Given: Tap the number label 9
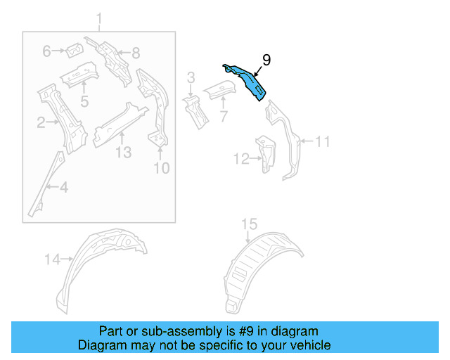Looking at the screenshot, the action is click(x=266, y=60).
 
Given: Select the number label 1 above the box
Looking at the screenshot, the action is click(x=99, y=18).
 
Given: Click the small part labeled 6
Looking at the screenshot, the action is click(x=73, y=51).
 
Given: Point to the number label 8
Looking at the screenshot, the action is click(x=136, y=51).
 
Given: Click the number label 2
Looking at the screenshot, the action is click(x=41, y=124).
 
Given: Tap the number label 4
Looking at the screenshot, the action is click(x=63, y=187).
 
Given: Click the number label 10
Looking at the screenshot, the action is click(x=161, y=167).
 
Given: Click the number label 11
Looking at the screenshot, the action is click(x=321, y=142).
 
